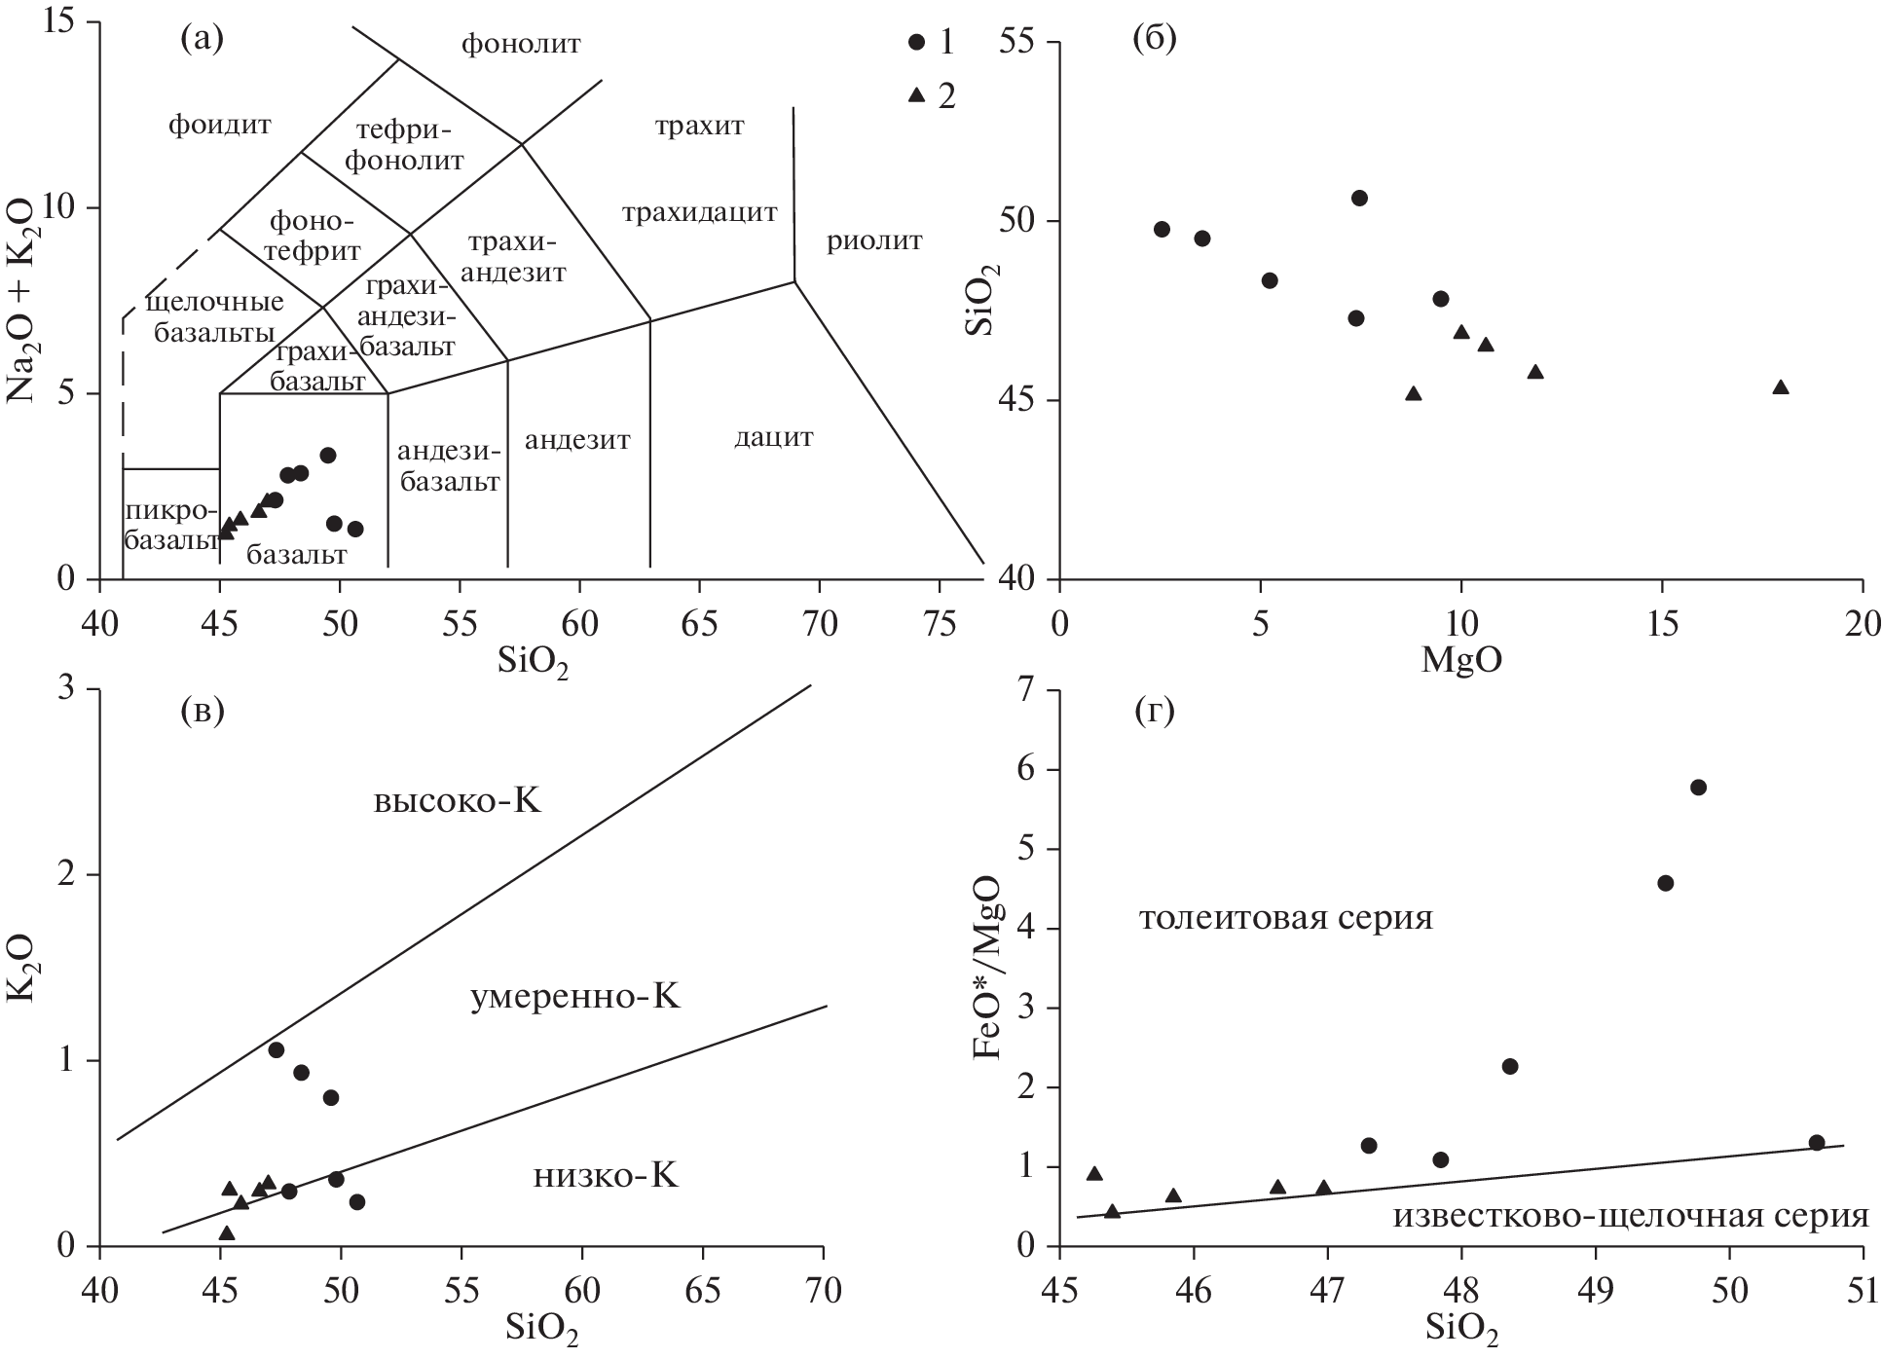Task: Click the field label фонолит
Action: point(521,44)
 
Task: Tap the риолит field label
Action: point(873,240)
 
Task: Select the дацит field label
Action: point(773,437)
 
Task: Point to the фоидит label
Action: point(219,125)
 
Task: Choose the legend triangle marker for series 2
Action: point(915,95)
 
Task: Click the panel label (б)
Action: point(1155,39)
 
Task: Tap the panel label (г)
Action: point(1155,713)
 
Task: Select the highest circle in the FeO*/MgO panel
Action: point(1698,788)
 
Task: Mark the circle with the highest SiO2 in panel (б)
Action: point(1360,199)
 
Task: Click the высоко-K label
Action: point(457,802)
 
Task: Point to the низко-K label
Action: point(606,1177)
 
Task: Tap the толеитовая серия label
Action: point(1285,918)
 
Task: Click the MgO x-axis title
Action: point(1460,661)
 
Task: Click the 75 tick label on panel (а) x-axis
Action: point(939,622)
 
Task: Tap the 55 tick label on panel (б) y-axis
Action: point(1016,43)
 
